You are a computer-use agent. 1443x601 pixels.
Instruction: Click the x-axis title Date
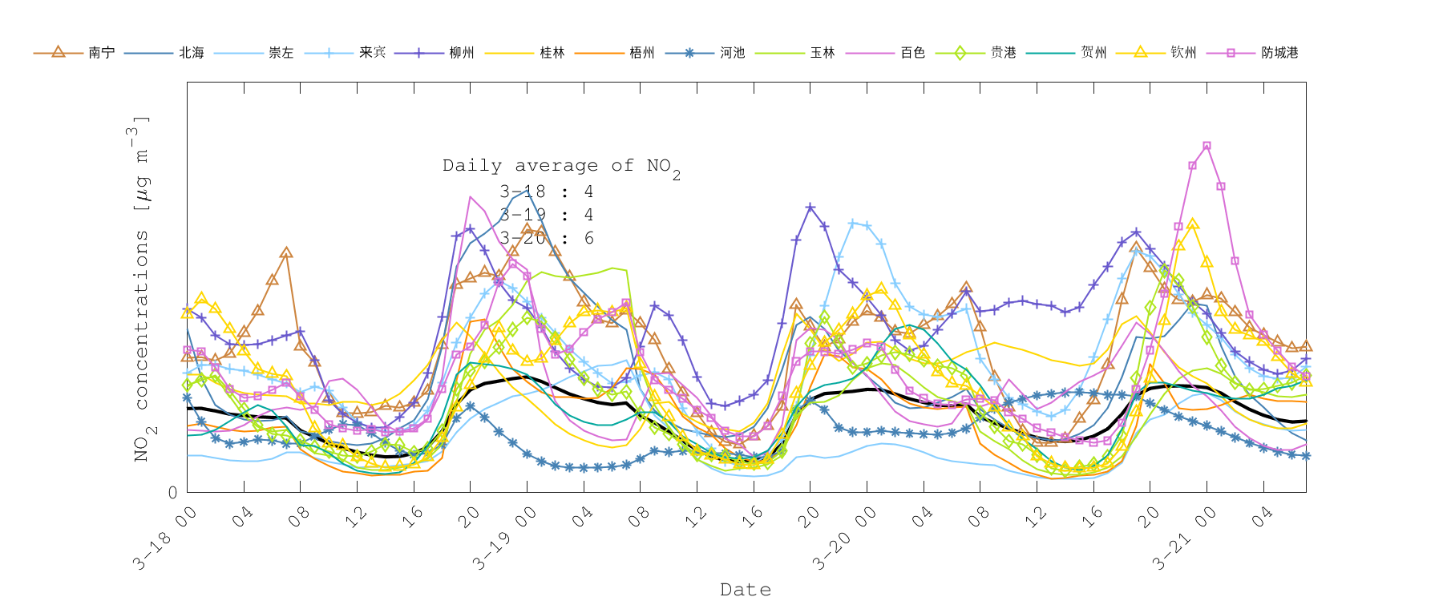(746, 590)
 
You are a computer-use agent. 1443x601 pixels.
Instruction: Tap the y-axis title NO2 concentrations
(141, 288)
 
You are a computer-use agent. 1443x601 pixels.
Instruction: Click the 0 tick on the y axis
(173, 493)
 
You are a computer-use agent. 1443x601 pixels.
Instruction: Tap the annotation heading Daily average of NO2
(561, 167)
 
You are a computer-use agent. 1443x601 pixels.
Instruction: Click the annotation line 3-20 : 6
(546, 238)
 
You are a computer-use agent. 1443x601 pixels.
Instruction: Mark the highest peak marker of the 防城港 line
(1207, 146)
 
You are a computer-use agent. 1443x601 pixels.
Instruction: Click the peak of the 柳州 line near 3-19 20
(810, 208)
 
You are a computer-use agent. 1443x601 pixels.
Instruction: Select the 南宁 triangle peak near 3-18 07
(286, 252)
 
